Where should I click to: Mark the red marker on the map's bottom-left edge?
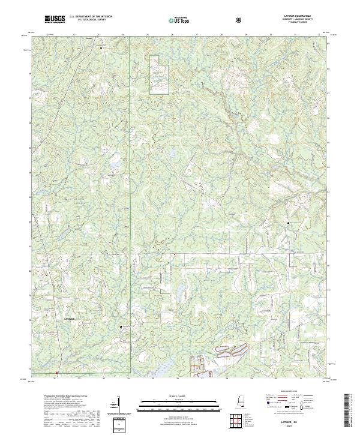tap(56, 373)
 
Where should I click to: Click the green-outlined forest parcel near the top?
tap(159, 74)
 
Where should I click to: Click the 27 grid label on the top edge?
tap(196, 35)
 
